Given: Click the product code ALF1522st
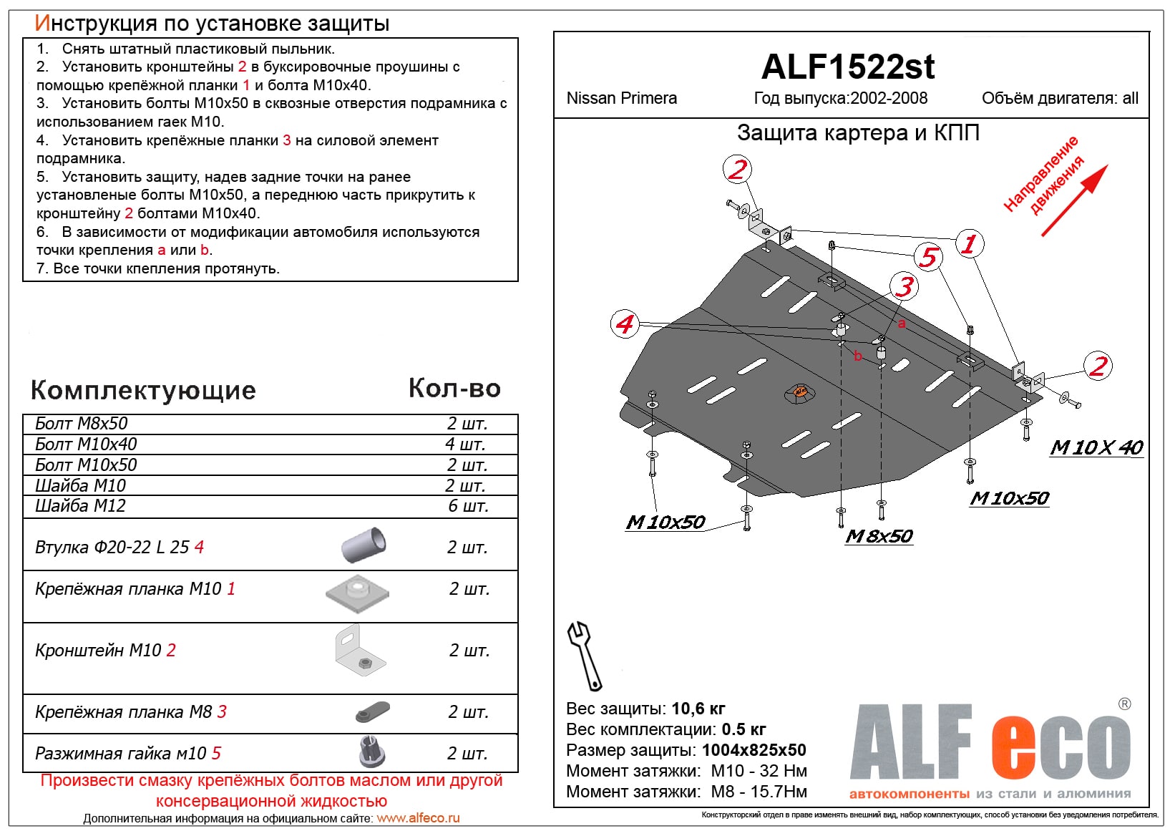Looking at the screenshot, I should point(848,67).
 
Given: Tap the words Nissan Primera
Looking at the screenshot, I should point(621,98).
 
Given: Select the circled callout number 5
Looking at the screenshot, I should point(928,257).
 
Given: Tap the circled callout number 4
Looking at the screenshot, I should point(625,324).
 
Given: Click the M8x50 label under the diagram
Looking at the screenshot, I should point(879,536).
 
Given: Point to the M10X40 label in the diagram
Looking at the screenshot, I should point(1096,447).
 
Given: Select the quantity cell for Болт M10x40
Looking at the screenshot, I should point(466,444).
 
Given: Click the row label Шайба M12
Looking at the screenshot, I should point(80,506).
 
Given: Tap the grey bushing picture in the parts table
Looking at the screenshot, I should point(364,545).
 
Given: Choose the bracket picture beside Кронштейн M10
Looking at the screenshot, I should point(359,651).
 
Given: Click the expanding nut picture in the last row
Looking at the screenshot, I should point(372,752).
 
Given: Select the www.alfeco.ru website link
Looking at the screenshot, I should point(418,818).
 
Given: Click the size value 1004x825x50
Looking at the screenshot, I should point(754,750).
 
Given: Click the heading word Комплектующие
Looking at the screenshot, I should point(143,390).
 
